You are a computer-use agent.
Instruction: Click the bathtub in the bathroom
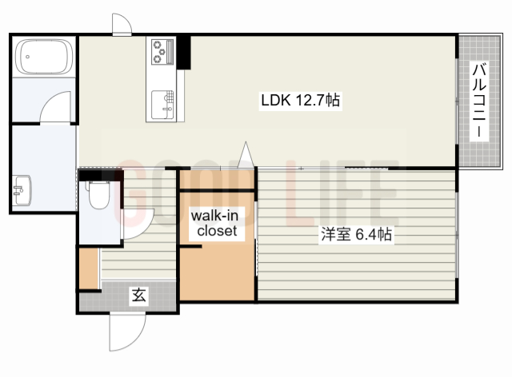(x=45, y=57)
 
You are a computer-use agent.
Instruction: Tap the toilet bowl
(x=99, y=195)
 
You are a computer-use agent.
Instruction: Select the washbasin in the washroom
(x=22, y=191)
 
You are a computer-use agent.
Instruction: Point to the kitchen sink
(x=162, y=105)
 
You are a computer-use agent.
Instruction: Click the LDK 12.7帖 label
(x=301, y=100)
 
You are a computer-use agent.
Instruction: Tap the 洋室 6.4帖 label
(x=356, y=234)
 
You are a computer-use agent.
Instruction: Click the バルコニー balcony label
(x=479, y=101)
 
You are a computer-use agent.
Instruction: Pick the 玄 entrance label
(x=138, y=295)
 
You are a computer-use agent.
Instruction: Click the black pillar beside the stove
(x=183, y=52)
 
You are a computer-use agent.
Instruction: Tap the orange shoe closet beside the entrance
(x=89, y=268)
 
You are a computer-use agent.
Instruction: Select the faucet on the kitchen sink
(x=167, y=109)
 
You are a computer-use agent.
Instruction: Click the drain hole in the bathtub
(x=28, y=57)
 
